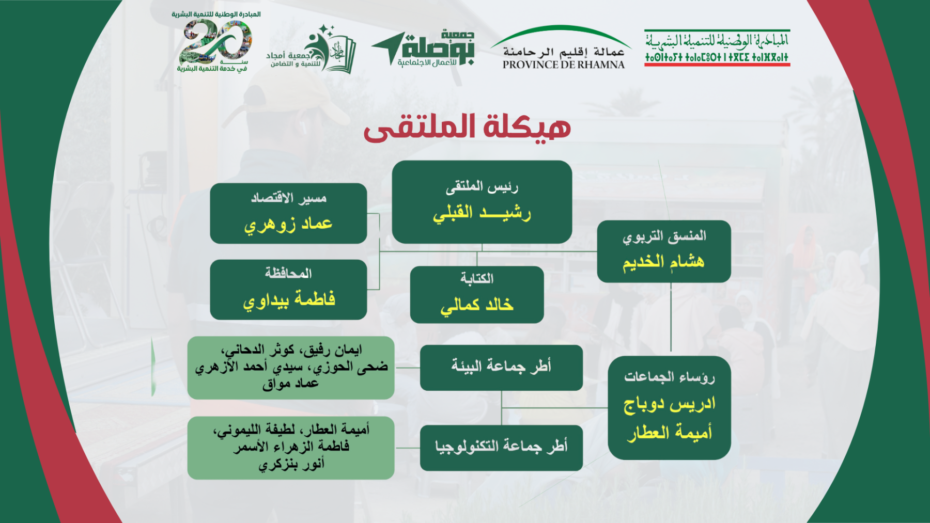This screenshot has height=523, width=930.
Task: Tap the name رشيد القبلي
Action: pos(482,213)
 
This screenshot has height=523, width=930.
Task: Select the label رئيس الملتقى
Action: pos(482,186)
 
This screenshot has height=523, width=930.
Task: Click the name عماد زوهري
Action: pos(288,224)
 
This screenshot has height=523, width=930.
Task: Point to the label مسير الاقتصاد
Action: pos(288,198)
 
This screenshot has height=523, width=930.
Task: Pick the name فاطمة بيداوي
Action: pos(289,299)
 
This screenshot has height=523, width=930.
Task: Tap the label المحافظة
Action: pos(288,273)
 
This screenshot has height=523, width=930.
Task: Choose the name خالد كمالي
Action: pos(477,305)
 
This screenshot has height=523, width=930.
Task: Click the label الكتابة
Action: pos(477,279)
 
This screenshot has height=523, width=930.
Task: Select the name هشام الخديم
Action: pos(663,262)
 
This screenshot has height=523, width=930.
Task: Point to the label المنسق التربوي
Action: pos(664,236)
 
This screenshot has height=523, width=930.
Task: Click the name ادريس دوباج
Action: pos(670,404)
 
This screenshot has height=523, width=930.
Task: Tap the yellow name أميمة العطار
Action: pos(670,432)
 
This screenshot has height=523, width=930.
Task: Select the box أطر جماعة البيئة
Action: pos(501,368)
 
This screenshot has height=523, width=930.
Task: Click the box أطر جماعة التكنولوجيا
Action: pos(501,448)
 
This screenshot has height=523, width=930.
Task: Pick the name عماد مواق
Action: pos(290,384)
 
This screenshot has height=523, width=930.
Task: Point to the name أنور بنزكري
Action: pos(291,464)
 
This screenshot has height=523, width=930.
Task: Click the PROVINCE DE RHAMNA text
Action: pos(564,65)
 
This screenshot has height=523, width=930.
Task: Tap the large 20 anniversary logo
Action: pos(216,42)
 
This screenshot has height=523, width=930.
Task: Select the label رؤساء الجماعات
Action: pos(670,377)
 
